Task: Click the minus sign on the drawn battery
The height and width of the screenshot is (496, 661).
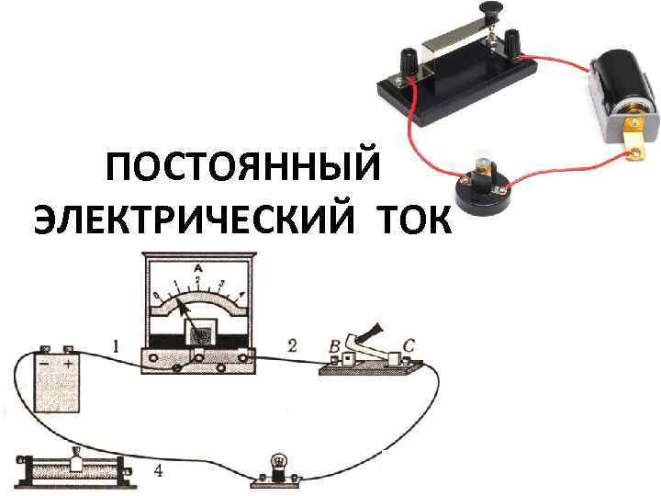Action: tap(43, 364)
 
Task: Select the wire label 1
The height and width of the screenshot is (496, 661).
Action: tap(116, 346)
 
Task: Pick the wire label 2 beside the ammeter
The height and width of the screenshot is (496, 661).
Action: tap(292, 346)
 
